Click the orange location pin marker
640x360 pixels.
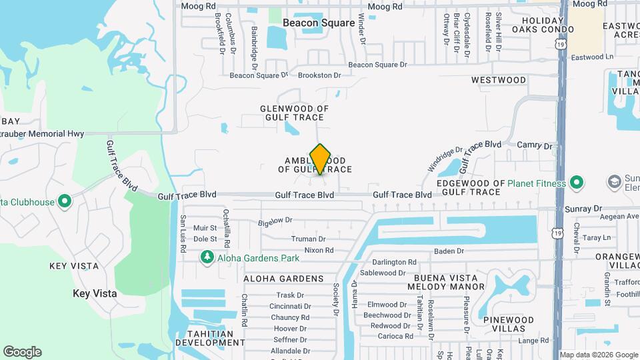(x=321, y=159)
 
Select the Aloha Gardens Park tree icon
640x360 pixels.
(x=207, y=257)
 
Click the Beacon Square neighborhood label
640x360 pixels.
(x=319, y=23)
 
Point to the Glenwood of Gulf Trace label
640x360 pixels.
(x=294, y=113)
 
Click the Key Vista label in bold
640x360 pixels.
(x=95, y=293)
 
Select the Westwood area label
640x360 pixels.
(x=499, y=80)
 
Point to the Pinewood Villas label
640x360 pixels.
(x=509, y=325)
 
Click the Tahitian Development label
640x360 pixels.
(x=210, y=338)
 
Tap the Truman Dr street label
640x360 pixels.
(x=308, y=239)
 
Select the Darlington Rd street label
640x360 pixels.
(x=394, y=263)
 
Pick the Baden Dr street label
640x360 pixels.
(x=449, y=251)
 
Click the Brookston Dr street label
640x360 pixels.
(x=319, y=75)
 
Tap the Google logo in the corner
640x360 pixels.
(x=22, y=352)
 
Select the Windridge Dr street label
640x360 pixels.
(x=445, y=161)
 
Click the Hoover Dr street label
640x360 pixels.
(x=290, y=329)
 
